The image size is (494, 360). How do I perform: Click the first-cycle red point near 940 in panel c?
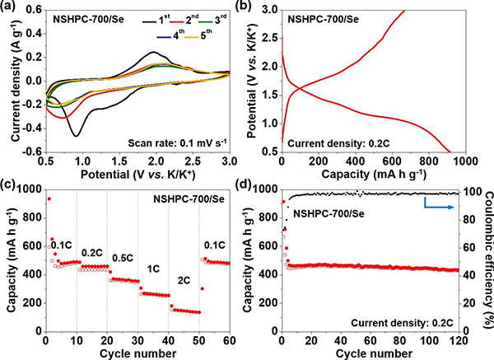49,199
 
